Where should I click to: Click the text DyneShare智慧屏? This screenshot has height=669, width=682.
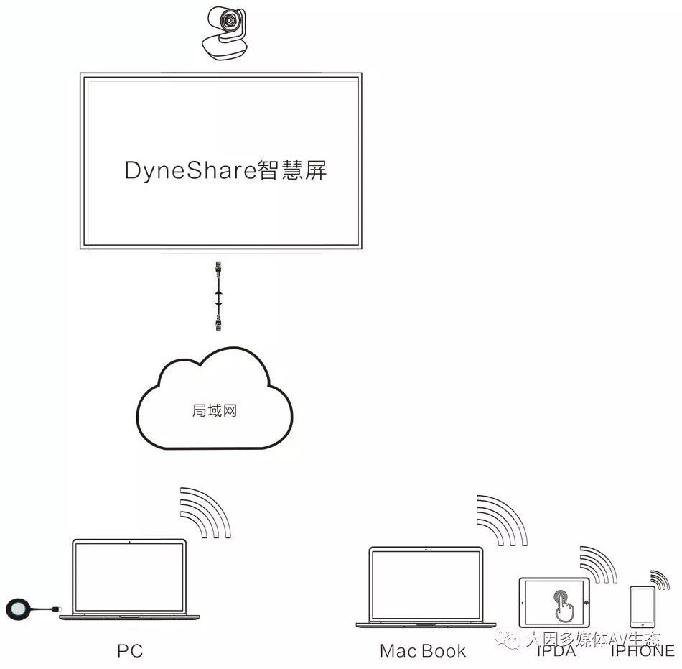click(225, 171)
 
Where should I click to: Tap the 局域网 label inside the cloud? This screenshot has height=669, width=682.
click(215, 411)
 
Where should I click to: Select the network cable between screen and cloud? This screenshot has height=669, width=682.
click(218, 295)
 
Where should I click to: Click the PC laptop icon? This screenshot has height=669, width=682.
click(129, 579)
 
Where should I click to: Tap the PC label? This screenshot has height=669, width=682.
click(130, 651)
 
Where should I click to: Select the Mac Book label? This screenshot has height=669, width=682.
click(423, 651)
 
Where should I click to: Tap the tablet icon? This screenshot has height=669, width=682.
click(553, 601)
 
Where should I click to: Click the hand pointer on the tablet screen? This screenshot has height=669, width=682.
click(562, 605)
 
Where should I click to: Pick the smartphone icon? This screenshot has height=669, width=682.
click(642, 606)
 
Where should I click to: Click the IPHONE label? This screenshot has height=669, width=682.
click(643, 651)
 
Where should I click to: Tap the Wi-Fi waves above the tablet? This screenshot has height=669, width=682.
click(598, 564)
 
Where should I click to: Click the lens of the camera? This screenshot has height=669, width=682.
click(228, 22)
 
